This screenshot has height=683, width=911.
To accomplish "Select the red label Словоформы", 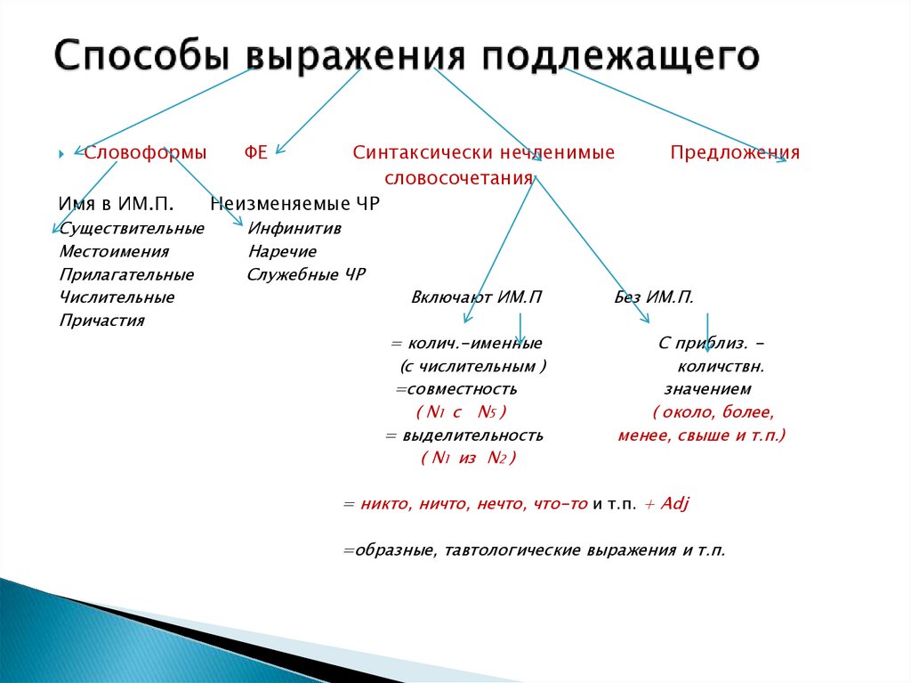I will (x=146, y=152).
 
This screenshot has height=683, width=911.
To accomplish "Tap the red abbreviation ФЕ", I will (x=256, y=152).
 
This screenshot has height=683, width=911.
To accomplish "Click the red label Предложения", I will (x=735, y=152).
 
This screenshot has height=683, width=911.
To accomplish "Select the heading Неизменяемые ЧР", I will (x=294, y=204).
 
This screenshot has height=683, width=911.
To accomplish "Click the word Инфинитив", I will (x=294, y=228).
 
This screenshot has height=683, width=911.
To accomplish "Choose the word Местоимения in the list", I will (x=114, y=251).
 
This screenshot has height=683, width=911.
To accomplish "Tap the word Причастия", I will (x=101, y=321).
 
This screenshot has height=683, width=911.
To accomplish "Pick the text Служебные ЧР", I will (x=306, y=274).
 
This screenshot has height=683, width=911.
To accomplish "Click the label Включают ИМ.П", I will (x=476, y=297).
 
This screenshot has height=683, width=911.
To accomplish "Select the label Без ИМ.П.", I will (x=654, y=297).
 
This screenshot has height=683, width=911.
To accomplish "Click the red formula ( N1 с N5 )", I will (x=461, y=412).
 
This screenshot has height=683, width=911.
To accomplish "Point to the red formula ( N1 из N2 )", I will (x=468, y=458).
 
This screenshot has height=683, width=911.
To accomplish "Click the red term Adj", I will (x=675, y=503).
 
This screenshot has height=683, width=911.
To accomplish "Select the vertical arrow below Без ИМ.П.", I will (x=707, y=331).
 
